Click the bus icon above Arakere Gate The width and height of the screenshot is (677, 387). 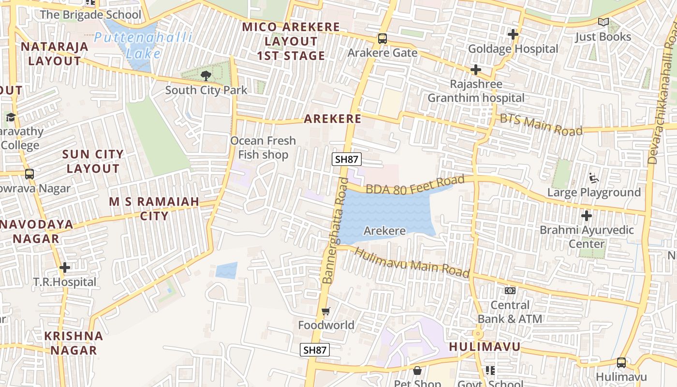[382, 38]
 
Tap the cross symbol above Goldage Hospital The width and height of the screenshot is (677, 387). [513, 35]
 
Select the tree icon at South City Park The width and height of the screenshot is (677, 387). [206, 75]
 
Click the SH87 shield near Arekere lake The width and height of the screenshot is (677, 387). [347, 159]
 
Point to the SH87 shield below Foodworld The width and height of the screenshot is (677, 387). [314, 350]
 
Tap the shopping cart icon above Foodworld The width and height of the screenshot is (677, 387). [326, 311]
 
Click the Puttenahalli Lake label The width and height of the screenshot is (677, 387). [143, 45]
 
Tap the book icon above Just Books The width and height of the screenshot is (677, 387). [603, 22]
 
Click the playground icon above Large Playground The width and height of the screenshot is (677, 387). [594, 179]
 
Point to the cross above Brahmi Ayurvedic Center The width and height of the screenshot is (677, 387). [587, 215]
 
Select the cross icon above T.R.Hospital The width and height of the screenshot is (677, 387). [65, 268]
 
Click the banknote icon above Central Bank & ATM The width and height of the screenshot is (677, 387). [510, 291]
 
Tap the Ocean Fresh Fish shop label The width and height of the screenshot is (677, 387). [263, 148]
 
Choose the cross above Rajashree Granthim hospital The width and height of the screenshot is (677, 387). [476, 70]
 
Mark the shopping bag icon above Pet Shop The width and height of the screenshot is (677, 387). [417, 371]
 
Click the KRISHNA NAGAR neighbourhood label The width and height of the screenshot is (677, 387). [74, 343]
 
